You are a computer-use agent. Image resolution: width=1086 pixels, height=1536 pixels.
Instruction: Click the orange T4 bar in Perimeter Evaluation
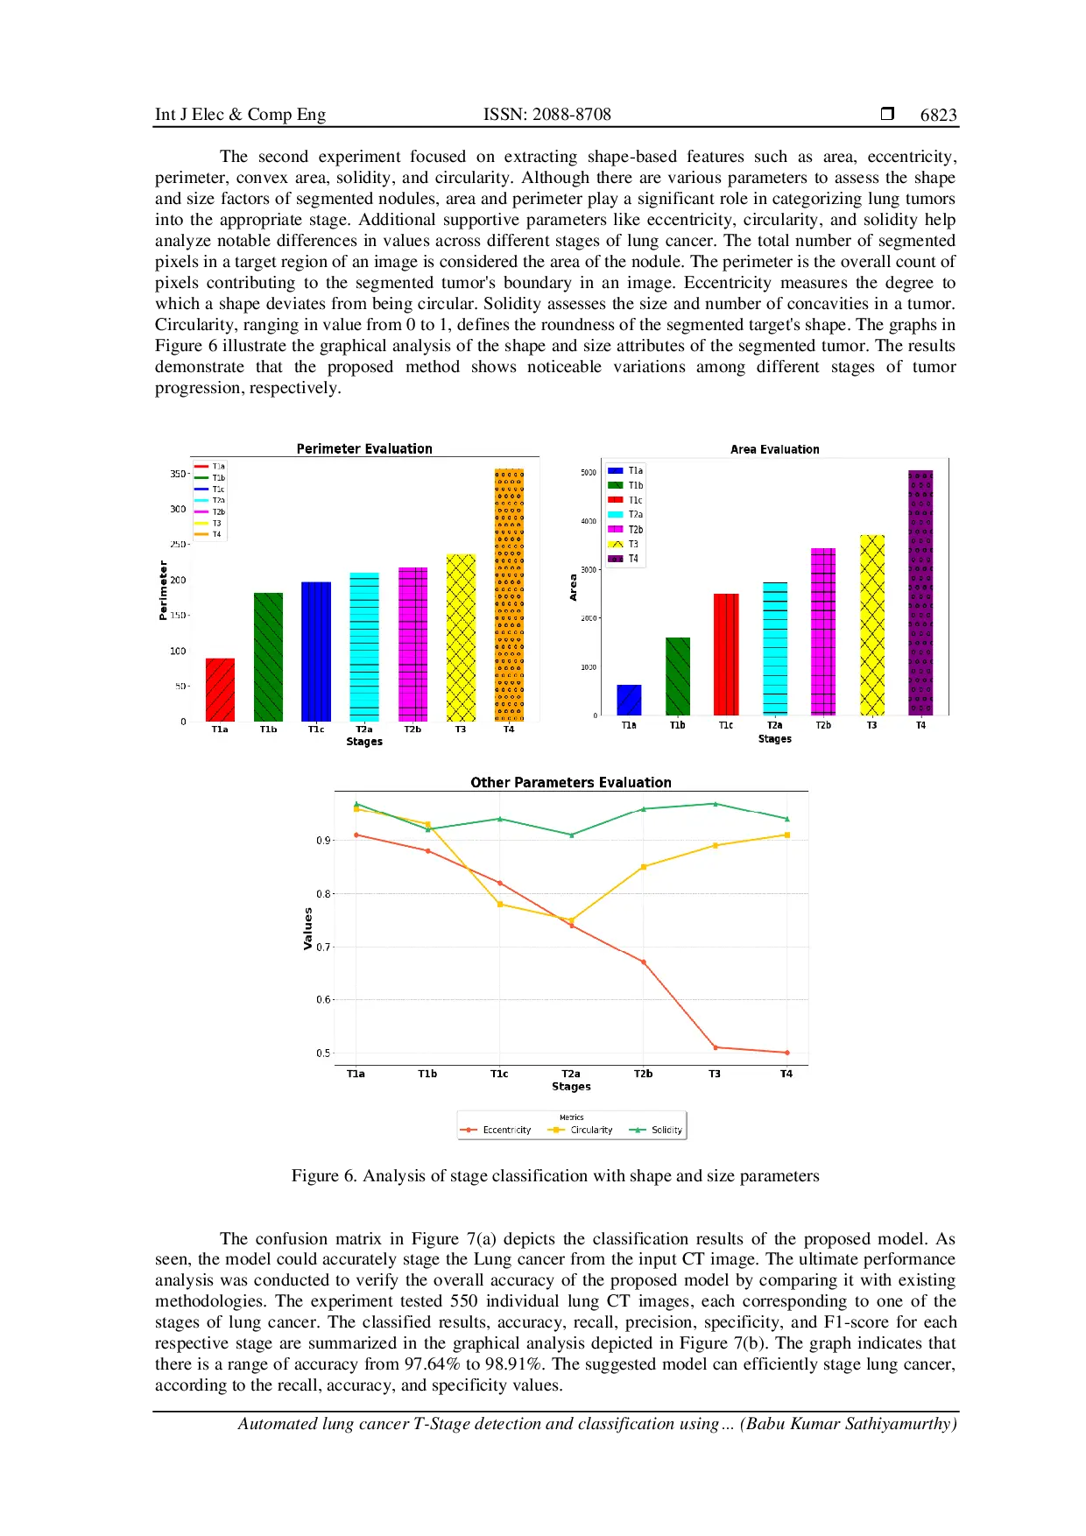point(509,595)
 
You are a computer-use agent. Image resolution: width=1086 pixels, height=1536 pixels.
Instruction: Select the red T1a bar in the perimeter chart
point(220,690)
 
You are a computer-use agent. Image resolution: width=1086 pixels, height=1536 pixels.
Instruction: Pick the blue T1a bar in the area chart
point(629,701)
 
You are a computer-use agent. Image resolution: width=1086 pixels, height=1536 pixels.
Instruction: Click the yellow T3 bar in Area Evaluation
point(872,625)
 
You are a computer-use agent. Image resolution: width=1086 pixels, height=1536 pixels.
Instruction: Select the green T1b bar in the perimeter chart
point(268,657)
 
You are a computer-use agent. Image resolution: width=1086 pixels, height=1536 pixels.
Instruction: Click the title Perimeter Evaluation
point(364,449)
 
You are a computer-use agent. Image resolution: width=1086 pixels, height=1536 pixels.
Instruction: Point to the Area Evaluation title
point(775,449)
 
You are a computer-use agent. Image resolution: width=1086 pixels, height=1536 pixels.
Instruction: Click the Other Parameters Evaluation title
point(571,783)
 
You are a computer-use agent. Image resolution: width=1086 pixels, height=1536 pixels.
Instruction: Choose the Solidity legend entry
point(657,1130)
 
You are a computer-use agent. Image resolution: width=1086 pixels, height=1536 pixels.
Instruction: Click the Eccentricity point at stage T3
point(716,1047)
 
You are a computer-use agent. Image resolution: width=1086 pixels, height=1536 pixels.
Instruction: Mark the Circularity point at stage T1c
point(500,904)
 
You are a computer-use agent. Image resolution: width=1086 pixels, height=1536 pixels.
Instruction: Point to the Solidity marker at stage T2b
point(644,809)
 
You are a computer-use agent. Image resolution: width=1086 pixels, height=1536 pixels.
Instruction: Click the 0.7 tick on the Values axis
point(323,947)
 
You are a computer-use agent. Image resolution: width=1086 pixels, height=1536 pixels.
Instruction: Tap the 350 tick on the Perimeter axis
point(178,474)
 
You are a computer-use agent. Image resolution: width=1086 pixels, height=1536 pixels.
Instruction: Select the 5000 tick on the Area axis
point(589,473)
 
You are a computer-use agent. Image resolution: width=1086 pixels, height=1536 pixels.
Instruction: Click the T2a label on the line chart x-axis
point(571,1074)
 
